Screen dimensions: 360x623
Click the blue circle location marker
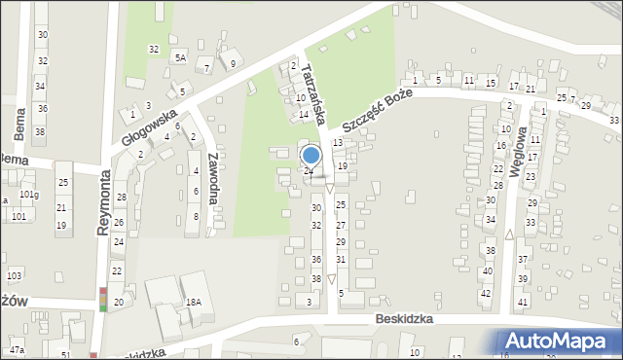pos(311,155)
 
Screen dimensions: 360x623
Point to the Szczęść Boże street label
pos(378,111)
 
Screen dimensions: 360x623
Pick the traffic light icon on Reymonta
pos(103,299)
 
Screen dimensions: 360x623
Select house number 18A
pos(194,303)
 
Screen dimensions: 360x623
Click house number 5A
pos(180,57)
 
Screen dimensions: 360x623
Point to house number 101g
pos(29,195)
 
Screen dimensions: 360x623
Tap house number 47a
pos(17,349)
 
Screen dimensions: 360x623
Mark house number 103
pos(15,276)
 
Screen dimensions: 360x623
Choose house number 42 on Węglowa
pos(485,293)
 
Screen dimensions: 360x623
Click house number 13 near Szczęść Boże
pos(338,143)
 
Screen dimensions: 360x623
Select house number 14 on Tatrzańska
pos(304,115)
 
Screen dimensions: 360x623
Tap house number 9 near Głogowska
pos(232,64)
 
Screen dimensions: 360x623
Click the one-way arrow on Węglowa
pos(509,234)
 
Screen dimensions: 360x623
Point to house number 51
pos(65,356)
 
